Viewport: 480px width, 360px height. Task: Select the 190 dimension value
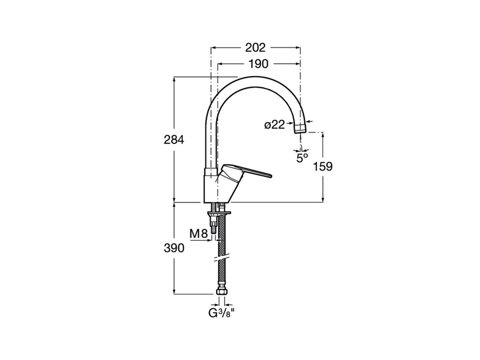pyautogui.click(x=258, y=64)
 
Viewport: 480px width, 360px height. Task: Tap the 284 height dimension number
pyautogui.click(x=174, y=140)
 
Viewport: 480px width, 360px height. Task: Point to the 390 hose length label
pyautogui.click(x=174, y=248)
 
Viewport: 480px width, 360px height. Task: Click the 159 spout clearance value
pyautogui.click(x=323, y=167)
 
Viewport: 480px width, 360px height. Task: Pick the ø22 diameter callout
pyautogui.click(x=275, y=125)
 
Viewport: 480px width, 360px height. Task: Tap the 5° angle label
pyautogui.click(x=302, y=158)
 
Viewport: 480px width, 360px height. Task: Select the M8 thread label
pyautogui.click(x=199, y=234)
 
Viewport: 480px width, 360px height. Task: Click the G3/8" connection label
pyautogui.click(x=222, y=313)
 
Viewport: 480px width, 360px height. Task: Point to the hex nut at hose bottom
pyautogui.click(x=222, y=292)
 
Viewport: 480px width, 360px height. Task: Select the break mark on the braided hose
pyautogui.click(x=222, y=258)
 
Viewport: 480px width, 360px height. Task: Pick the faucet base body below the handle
pyautogui.click(x=217, y=186)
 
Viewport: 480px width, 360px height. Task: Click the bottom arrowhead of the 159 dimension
pyautogui.click(x=323, y=199)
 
